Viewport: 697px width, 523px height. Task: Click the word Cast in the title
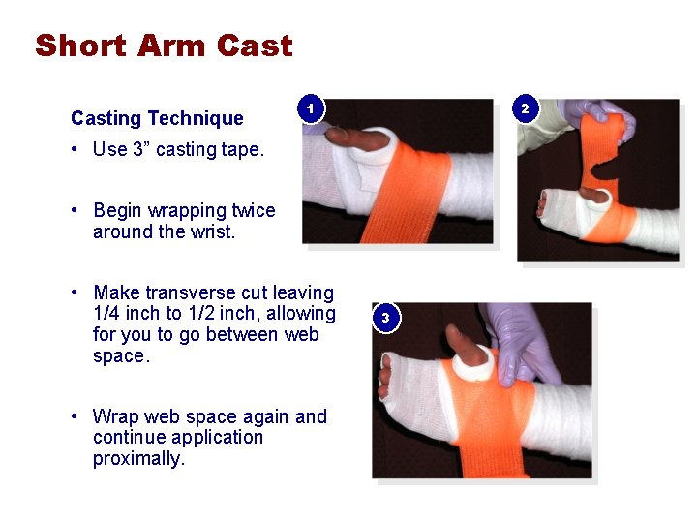point(255,46)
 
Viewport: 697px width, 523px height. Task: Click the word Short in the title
point(81,46)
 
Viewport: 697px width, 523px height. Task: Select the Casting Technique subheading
point(157,119)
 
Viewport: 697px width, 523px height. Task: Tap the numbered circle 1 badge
point(311,108)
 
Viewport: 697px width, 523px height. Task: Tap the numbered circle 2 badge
point(526,108)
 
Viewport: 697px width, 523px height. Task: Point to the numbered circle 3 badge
point(386,318)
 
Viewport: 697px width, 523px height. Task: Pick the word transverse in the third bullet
point(191,292)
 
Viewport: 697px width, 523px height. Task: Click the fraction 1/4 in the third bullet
point(106,313)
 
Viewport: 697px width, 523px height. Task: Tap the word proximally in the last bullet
point(138,458)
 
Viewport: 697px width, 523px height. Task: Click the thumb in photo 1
point(357,138)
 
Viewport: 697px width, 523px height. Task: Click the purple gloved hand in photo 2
point(598,115)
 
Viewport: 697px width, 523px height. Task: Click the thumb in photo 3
point(466,346)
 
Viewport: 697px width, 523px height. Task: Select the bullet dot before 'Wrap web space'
point(75,416)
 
